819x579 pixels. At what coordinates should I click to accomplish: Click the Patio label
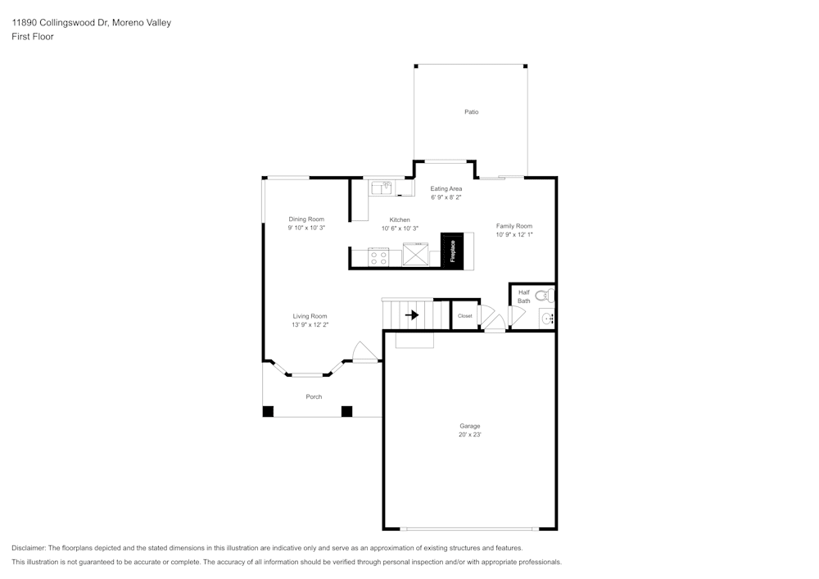(x=471, y=111)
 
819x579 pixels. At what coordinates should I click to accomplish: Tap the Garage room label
(x=469, y=426)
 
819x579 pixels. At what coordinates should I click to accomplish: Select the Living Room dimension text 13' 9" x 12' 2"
(x=310, y=325)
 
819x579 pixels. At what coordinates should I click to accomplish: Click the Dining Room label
(x=306, y=219)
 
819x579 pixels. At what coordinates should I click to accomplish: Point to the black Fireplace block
(x=452, y=251)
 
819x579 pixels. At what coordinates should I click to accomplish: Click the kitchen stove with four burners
(x=378, y=258)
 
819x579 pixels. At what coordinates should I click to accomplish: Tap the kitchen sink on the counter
(x=382, y=188)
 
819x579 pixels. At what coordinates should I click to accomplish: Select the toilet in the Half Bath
(x=545, y=296)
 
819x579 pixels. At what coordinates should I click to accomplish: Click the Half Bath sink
(x=547, y=319)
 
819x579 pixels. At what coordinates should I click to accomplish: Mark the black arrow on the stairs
(x=412, y=314)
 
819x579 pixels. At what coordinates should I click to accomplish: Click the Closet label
(x=464, y=315)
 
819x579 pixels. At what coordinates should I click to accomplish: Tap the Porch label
(x=314, y=396)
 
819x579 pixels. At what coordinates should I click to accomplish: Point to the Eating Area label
(x=446, y=188)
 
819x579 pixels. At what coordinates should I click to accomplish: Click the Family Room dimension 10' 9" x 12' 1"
(x=514, y=235)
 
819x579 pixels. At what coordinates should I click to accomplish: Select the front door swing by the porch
(x=363, y=352)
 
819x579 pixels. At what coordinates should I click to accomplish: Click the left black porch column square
(x=268, y=411)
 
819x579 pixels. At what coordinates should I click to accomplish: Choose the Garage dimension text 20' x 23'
(x=469, y=435)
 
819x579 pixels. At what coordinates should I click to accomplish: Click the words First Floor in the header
(x=33, y=37)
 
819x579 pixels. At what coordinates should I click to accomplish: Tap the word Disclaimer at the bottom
(x=29, y=548)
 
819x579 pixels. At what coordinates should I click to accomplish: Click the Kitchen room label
(x=400, y=219)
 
